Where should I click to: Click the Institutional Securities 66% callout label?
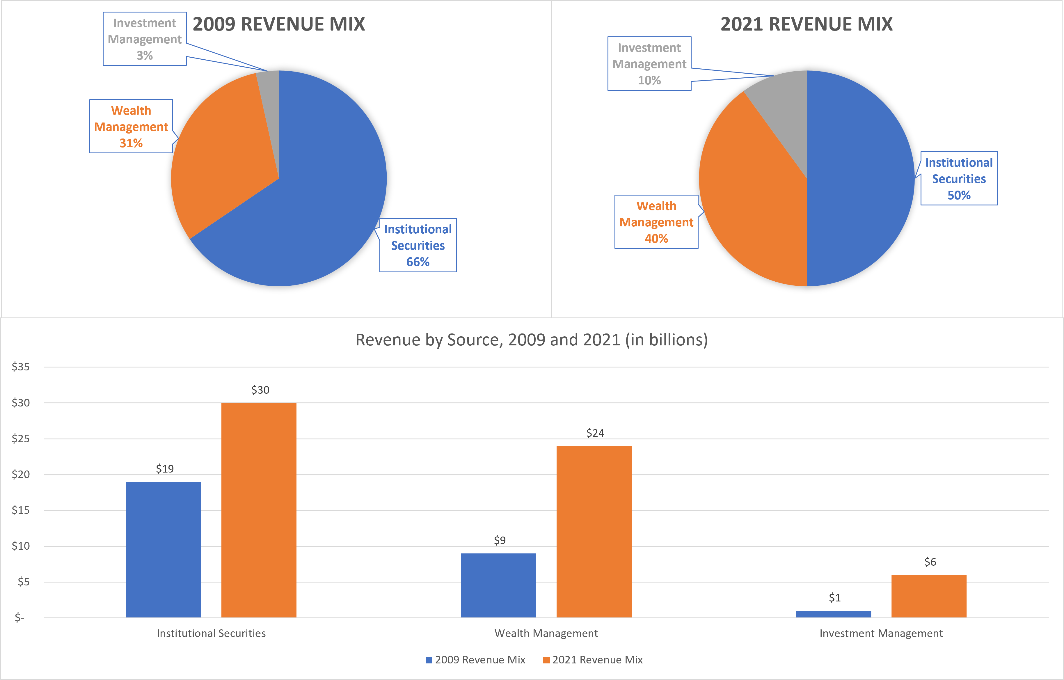click(418, 245)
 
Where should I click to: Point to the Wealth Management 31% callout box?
click(131, 126)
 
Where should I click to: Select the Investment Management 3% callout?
click(145, 39)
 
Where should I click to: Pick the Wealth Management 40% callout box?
click(656, 222)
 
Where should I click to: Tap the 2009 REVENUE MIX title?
click(279, 24)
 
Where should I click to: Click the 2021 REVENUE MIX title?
click(807, 24)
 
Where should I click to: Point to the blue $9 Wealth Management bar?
click(498, 585)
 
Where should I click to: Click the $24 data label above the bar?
click(595, 433)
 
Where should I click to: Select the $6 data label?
click(930, 562)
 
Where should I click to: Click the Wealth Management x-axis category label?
click(546, 633)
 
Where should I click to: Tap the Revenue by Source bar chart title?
click(532, 340)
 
